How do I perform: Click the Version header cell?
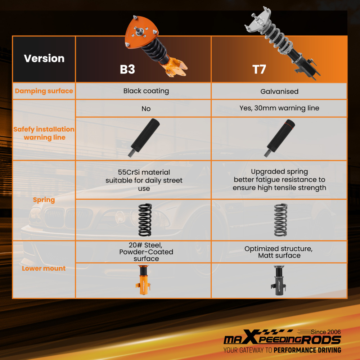[44, 58]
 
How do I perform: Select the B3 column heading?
[127, 69]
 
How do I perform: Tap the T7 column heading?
[259, 69]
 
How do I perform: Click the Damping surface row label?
[44, 91]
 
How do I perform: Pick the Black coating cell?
[146, 91]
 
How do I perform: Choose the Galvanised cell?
[279, 91]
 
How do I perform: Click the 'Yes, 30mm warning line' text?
[279, 108]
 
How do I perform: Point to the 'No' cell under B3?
[146, 109]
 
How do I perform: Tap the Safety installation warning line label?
[44, 133]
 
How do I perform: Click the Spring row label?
[44, 200]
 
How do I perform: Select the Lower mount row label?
[44, 268]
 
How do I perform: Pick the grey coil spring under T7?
[280, 220]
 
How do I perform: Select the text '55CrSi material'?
[144, 172]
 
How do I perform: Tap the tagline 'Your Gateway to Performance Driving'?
[282, 350]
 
